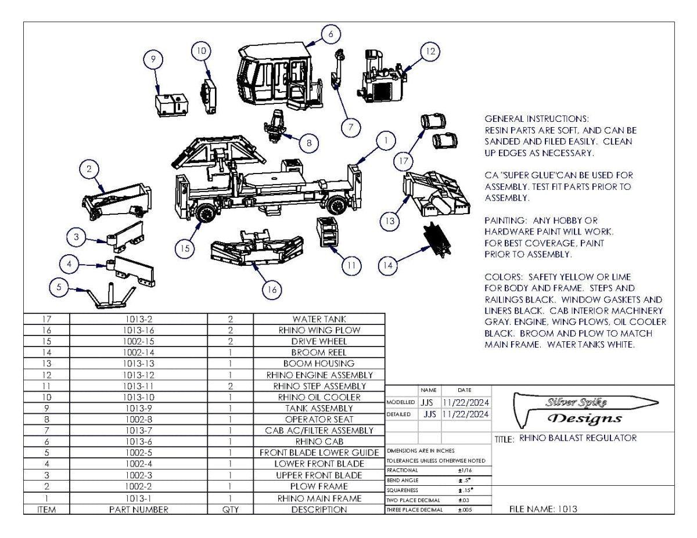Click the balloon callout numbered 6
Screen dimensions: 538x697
tap(330, 34)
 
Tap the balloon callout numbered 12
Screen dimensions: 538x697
tap(430, 52)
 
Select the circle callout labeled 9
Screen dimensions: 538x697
tap(153, 59)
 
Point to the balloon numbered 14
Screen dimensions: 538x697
tap(389, 266)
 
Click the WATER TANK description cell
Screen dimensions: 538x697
tap(319, 319)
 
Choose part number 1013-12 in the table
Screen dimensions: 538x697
tap(138, 375)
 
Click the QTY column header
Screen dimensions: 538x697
tap(231, 510)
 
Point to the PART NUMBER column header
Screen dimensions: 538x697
tap(138, 510)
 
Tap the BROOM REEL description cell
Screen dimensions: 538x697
tap(319, 352)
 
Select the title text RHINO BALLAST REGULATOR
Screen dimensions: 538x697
tap(577, 438)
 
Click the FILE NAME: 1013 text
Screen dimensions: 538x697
tap(543, 510)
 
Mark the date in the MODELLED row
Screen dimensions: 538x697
tap(466, 402)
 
